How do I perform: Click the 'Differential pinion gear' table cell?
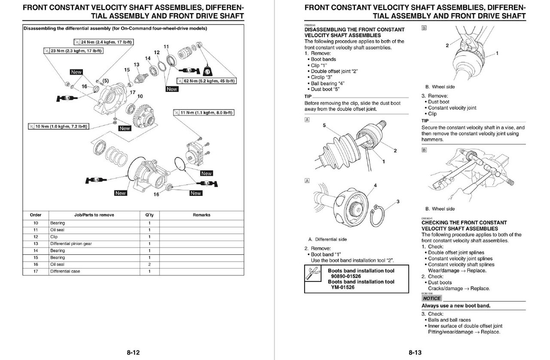click(x=71, y=244)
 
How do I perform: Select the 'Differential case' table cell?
click(x=65, y=271)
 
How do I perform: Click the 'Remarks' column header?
click(x=201, y=215)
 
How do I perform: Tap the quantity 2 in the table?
click(x=150, y=264)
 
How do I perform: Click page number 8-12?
click(x=133, y=353)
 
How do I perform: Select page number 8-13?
click(x=415, y=353)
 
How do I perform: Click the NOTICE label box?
click(x=431, y=298)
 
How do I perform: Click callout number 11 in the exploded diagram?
click(x=166, y=46)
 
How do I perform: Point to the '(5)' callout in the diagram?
click(x=105, y=81)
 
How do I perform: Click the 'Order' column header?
click(x=36, y=215)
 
